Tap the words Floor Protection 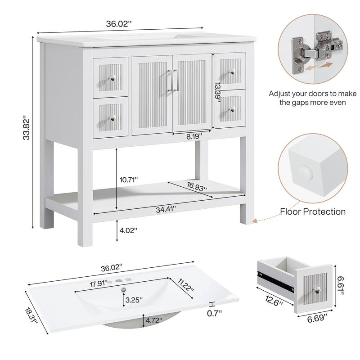(313, 211)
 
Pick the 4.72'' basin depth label (154, 321)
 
